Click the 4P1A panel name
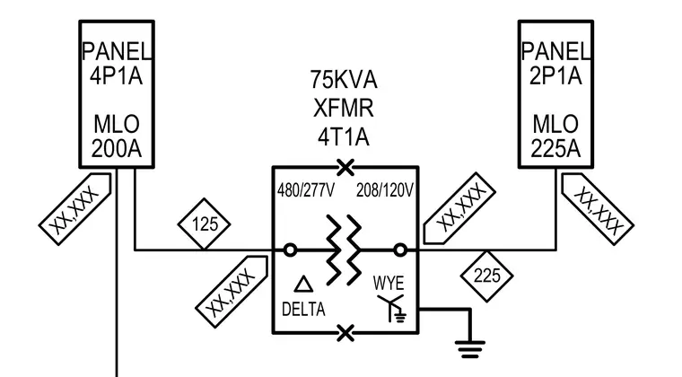coord(116,76)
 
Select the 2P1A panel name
coord(555,76)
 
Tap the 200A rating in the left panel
coord(117,149)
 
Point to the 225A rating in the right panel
coord(555,149)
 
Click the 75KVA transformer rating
coord(344,80)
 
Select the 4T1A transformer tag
coord(344,137)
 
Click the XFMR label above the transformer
coord(344,109)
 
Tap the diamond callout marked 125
coord(204,224)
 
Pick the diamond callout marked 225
coord(486,276)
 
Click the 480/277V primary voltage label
coord(306,190)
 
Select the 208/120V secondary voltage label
coord(385,190)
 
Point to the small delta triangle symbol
coord(303,284)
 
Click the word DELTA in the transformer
coord(303,310)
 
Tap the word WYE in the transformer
coord(389,283)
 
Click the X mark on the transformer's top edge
coord(345,167)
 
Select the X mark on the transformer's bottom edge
coord(345,333)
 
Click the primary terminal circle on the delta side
coord(290,250)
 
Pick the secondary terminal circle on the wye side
coord(400,250)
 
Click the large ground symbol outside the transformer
coord(469,349)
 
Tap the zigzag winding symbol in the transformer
coord(344,250)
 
